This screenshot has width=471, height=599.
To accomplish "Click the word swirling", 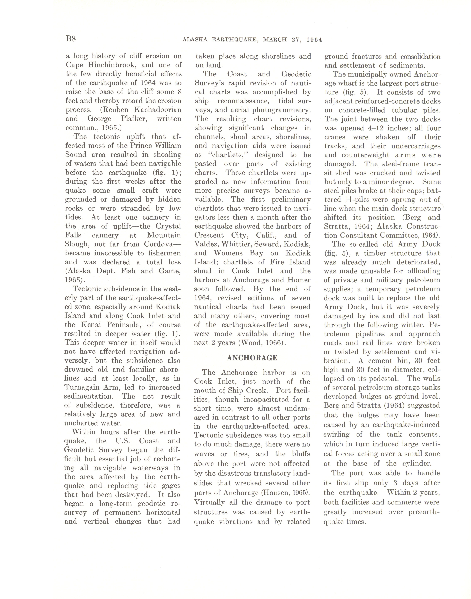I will pos(336,435).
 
